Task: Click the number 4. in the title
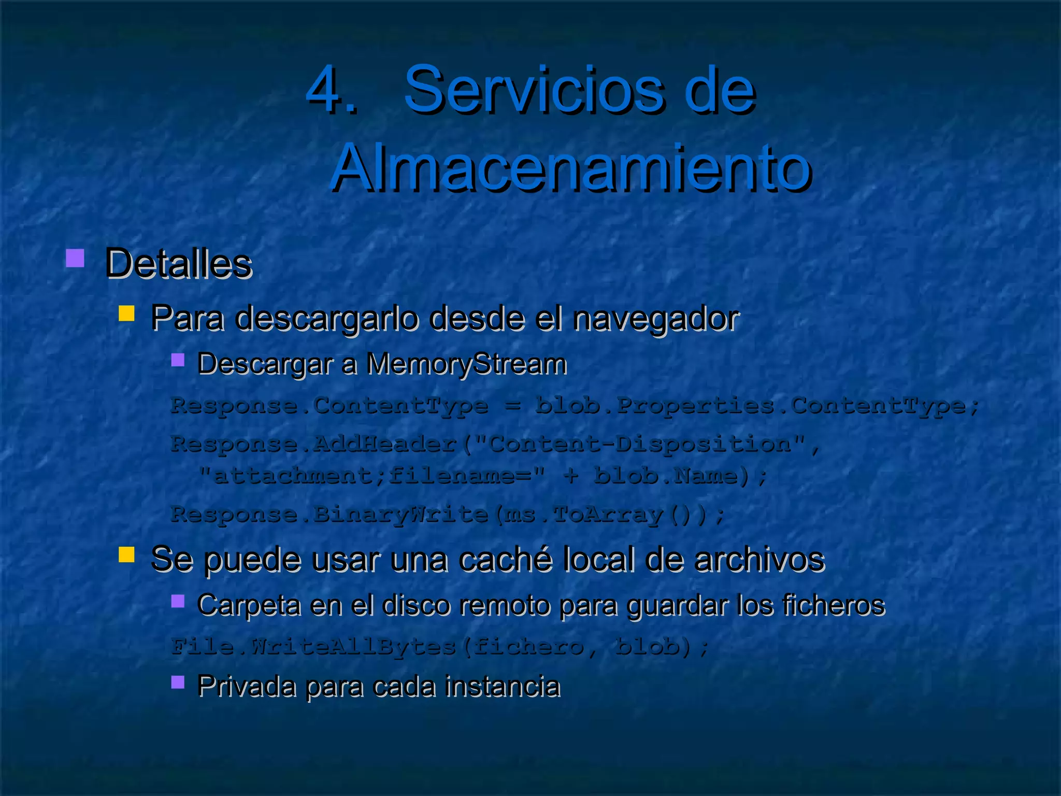tap(332, 89)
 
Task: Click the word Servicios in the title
tap(534, 89)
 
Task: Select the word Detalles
tap(178, 264)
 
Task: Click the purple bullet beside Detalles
tap(75, 258)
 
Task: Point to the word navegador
tap(655, 318)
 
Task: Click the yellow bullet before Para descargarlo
tap(126, 313)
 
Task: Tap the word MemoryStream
tap(466, 364)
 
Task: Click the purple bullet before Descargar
tap(178, 360)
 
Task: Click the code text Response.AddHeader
tap(314, 444)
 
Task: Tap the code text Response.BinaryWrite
tap(329, 515)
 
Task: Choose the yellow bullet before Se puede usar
tap(126, 555)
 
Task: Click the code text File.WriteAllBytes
tap(314, 647)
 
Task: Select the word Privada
tap(247, 687)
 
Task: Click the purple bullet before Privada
tap(178, 682)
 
